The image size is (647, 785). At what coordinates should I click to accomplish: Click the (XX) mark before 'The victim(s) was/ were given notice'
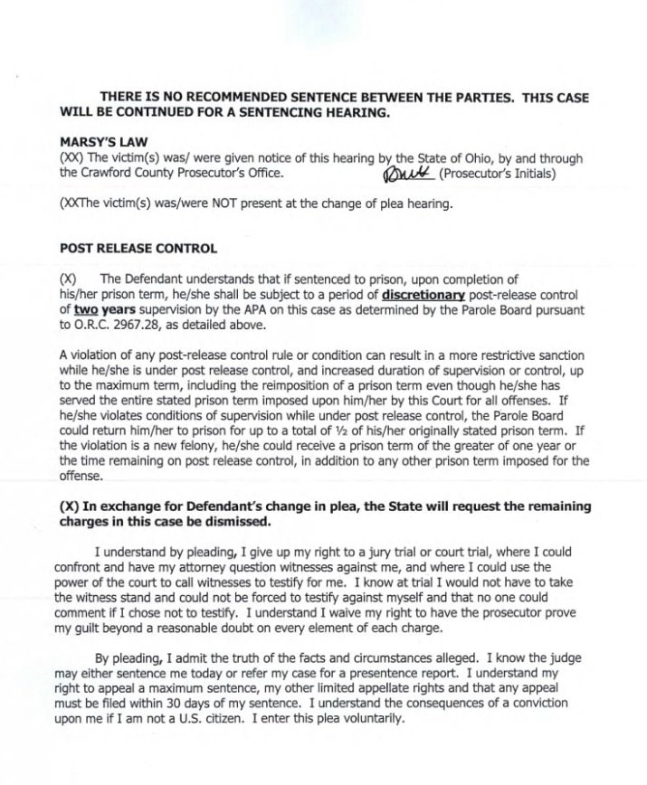point(70,159)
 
